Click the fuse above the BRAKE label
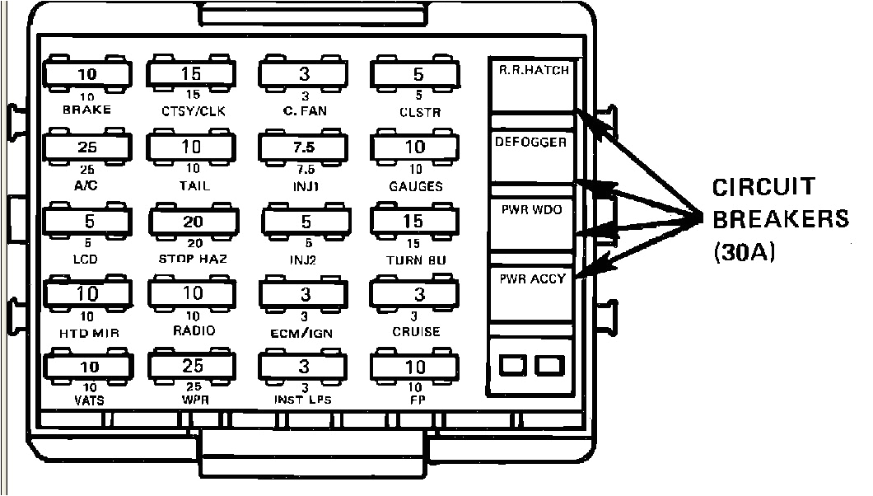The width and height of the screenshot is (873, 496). click(x=86, y=75)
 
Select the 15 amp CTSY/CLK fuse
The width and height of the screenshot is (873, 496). click(x=191, y=75)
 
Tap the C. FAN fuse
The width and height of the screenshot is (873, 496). click(x=304, y=75)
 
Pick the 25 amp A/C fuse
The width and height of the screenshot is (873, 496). click(x=86, y=147)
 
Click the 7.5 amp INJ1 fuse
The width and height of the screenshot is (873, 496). click(x=304, y=147)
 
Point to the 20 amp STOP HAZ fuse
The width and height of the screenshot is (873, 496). click(x=191, y=222)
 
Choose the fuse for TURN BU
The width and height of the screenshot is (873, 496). click(x=413, y=222)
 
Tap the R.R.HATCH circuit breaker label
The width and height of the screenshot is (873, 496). click(x=534, y=71)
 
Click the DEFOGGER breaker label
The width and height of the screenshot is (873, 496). click(x=531, y=142)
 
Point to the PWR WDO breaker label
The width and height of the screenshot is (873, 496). click(x=531, y=210)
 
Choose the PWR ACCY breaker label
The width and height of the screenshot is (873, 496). click(x=532, y=278)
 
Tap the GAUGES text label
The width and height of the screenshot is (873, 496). click(x=415, y=186)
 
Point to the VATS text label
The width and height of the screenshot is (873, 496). click(x=87, y=400)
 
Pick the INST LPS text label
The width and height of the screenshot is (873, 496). click(x=304, y=400)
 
